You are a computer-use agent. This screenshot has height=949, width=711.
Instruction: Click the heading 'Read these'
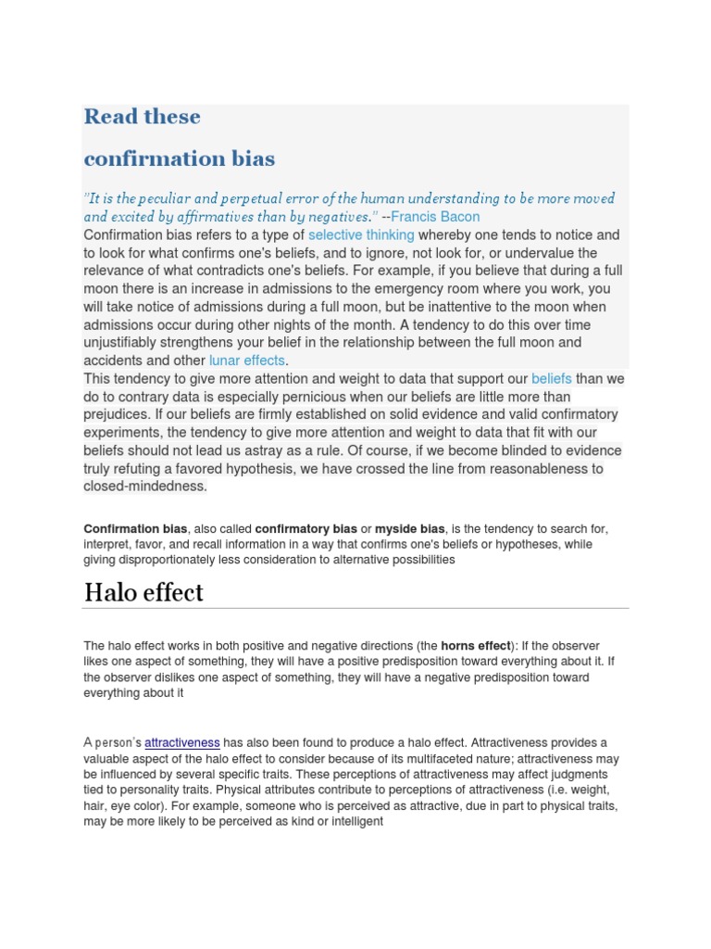pos(142,117)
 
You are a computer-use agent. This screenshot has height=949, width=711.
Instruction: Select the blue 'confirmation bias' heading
pos(179,158)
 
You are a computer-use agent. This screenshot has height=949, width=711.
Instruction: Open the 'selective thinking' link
pos(361,235)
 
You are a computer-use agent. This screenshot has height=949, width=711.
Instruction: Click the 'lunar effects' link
pos(247,361)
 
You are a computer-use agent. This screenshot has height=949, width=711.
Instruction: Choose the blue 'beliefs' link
pos(552,379)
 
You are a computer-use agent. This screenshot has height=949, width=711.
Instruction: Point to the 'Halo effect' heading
pos(143,593)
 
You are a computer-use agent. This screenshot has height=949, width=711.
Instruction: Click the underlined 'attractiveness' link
pos(182,742)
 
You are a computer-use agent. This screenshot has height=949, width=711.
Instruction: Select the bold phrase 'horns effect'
pos(475,646)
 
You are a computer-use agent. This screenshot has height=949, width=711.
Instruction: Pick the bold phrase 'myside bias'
pos(411,529)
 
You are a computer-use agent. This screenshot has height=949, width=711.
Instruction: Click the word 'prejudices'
pos(118,414)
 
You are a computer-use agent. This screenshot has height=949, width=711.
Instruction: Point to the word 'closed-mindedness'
pos(144,487)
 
